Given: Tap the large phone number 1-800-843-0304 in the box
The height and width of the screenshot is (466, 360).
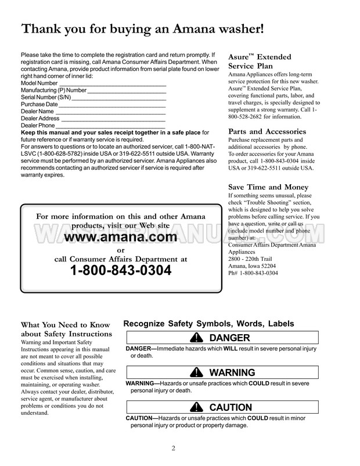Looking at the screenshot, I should pyautogui.click(x=121, y=271).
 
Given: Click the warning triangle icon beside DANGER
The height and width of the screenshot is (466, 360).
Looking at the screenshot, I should pyautogui.click(x=198, y=338).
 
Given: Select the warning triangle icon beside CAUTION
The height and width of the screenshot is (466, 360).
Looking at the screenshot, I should pyautogui.click(x=197, y=407).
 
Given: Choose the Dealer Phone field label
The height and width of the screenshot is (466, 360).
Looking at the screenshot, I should pyautogui.click(x=38, y=126).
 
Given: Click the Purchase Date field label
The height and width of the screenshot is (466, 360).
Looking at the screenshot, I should pyautogui.click(x=39, y=105).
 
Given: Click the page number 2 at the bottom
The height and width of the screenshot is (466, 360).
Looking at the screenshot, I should pyautogui.click(x=173, y=447).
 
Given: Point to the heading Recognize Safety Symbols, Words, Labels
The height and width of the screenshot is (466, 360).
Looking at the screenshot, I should pyautogui.click(x=209, y=324).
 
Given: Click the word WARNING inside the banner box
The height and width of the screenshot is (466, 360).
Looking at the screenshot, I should pyautogui.click(x=232, y=373).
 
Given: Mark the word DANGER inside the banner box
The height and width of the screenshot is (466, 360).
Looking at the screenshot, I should pyautogui.click(x=229, y=338).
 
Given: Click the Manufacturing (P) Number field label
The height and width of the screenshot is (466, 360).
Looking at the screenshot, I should pyautogui.click(x=53, y=91).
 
